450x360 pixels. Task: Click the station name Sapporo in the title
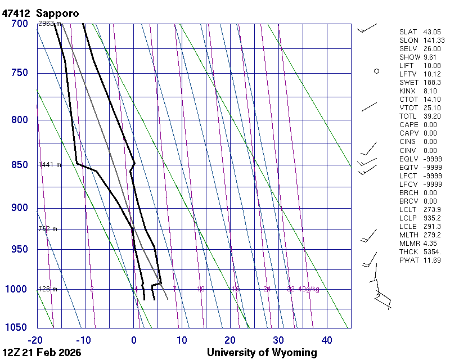point(57,12)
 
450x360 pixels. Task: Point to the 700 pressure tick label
point(20,24)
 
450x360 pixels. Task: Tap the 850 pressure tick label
point(20,165)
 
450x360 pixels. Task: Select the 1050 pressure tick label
point(17,327)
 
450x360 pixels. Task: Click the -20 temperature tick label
point(35,340)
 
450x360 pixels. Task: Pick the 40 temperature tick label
point(327,340)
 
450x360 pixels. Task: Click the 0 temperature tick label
point(134,340)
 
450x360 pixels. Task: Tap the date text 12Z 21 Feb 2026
point(42,353)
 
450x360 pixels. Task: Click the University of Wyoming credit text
point(262,353)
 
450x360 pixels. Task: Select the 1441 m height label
point(49,165)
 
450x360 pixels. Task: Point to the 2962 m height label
point(49,24)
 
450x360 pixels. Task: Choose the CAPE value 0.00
point(430,125)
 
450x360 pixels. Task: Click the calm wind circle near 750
point(376,71)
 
